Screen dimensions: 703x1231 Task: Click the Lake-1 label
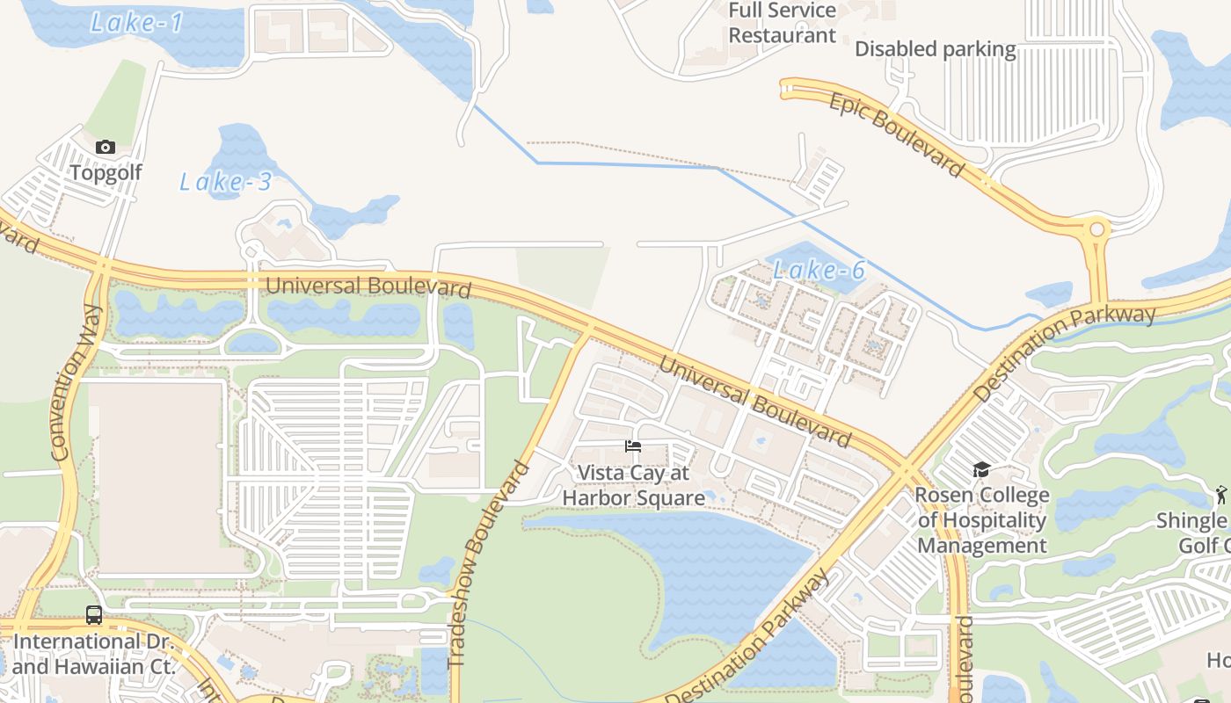click(x=136, y=23)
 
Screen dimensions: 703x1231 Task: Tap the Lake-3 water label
click(x=225, y=182)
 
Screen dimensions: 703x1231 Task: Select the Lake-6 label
click(x=819, y=270)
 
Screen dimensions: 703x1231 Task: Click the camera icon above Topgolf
click(x=106, y=147)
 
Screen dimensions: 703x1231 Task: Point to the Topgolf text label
click(x=106, y=172)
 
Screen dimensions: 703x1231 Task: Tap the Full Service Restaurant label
click(x=782, y=23)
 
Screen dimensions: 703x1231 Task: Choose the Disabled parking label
click(x=935, y=49)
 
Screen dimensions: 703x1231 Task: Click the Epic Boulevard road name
click(x=897, y=134)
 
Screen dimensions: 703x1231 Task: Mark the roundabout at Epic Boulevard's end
click(x=1096, y=230)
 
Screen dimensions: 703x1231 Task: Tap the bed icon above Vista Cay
click(x=633, y=446)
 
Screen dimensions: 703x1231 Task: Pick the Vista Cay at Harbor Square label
click(x=633, y=485)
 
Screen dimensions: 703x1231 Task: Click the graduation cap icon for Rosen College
click(x=981, y=470)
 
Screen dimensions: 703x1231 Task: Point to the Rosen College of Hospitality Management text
click(x=981, y=520)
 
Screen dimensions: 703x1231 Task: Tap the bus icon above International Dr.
click(x=94, y=615)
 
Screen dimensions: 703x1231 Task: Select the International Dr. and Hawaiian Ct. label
click(x=94, y=654)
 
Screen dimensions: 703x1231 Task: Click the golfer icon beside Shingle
click(x=1220, y=495)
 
